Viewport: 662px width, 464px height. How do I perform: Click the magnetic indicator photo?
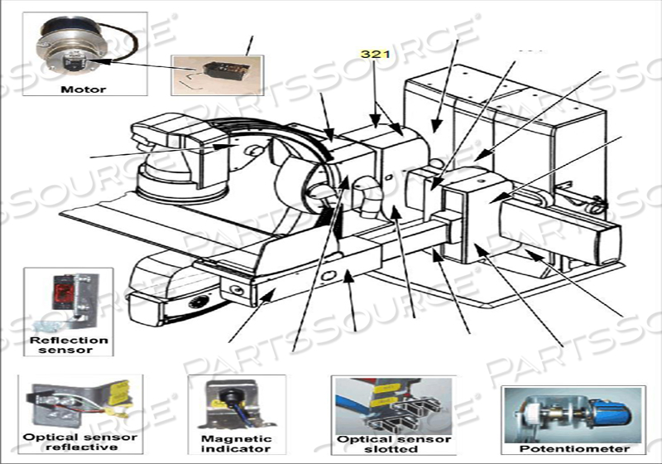tap(236, 403)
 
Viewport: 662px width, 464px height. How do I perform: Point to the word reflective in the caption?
tap(74, 448)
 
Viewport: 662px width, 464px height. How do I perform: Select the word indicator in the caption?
tap(237, 449)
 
